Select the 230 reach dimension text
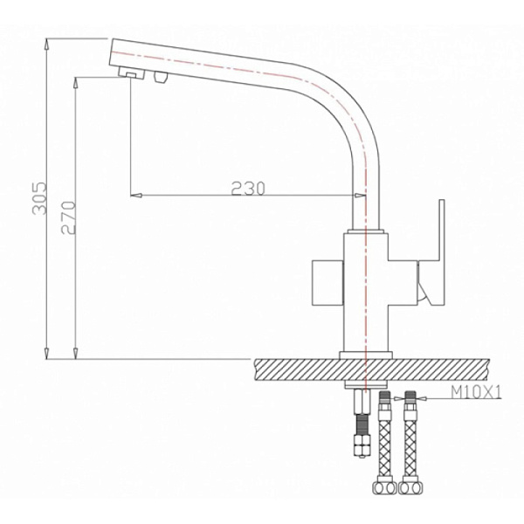(248, 188)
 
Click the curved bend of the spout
(349, 100)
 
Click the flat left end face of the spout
(113, 55)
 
